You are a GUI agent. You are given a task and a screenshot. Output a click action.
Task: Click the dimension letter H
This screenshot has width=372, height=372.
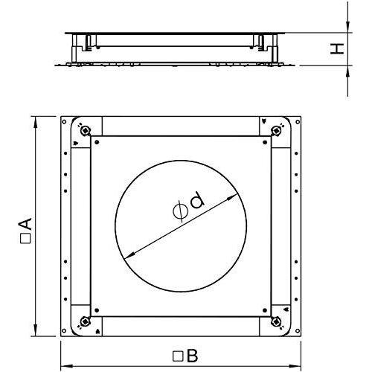pyautogui.click(x=337, y=48)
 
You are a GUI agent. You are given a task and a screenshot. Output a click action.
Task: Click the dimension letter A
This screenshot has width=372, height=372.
pyautogui.click(x=26, y=224)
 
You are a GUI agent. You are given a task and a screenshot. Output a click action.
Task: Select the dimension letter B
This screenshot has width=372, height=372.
pyautogui.click(x=193, y=356)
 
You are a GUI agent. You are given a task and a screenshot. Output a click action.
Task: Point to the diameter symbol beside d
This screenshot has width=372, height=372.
pyautogui.click(x=180, y=211)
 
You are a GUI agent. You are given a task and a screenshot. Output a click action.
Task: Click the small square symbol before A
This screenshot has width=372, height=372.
pyautogui.click(x=25, y=238)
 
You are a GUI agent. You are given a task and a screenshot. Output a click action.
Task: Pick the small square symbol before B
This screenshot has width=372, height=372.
pyautogui.click(x=178, y=356)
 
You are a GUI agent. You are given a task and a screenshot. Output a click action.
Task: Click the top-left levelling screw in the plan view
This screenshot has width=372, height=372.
pyautogui.click(x=86, y=129)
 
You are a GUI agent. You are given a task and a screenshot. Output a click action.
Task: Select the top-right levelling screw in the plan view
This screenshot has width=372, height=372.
pyautogui.click(x=276, y=129)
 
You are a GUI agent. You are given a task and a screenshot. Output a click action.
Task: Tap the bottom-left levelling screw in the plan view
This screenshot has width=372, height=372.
pyautogui.click(x=86, y=321)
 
